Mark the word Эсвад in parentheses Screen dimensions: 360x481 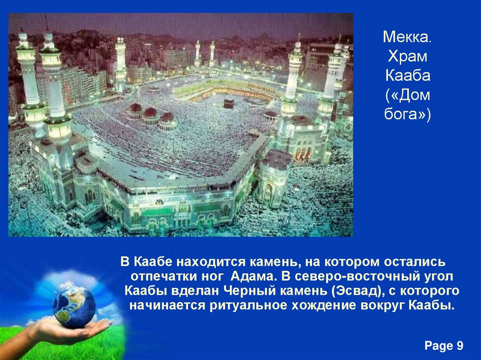[358, 290]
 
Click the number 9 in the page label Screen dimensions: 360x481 [459, 346]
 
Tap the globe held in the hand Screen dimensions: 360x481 [74, 306]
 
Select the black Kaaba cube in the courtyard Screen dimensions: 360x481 [229, 103]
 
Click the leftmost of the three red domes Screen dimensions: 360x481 [136, 108]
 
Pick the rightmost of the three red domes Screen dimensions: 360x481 [167, 117]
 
